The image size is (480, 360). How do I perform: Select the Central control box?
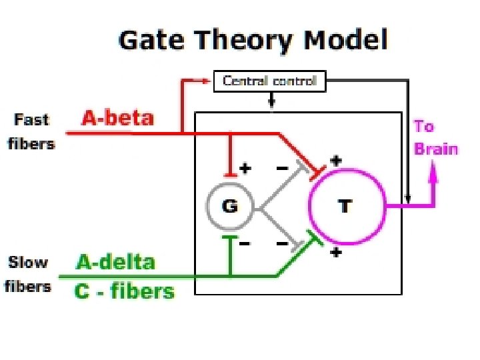coord(270,82)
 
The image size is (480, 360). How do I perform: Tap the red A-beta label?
coord(117,119)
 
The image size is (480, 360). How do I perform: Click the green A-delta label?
coord(115,262)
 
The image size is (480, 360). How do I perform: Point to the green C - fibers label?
coord(125,291)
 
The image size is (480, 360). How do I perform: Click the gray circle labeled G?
coord(229,206)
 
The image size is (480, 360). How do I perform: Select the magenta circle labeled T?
coord(347,206)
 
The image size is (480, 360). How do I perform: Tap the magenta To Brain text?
coord(435,137)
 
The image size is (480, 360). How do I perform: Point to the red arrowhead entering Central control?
coord(206,80)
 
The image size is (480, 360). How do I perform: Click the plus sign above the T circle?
coord(336,161)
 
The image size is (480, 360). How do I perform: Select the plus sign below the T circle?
coord(336,253)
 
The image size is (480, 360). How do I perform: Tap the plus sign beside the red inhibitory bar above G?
coord(245,168)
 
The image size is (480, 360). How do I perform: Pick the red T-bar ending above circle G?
coord(230,175)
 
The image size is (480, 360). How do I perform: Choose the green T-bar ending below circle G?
coord(230,237)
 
